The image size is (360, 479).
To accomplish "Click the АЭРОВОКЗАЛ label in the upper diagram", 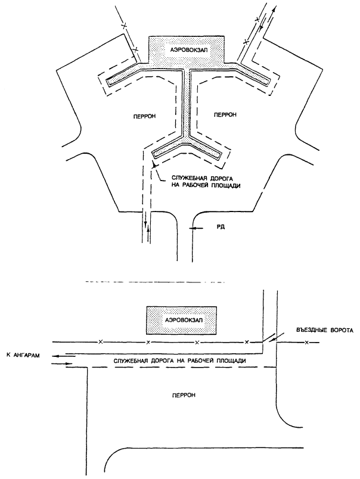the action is [187, 50].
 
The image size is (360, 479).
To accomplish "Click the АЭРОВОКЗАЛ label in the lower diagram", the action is [184, 321].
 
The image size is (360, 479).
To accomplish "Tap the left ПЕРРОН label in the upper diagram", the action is [144, 116].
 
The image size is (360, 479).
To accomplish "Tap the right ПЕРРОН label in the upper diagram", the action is [225, 114].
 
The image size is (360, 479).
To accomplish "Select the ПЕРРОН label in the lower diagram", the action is [184, 395].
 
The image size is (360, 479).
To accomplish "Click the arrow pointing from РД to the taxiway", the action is [197, 228].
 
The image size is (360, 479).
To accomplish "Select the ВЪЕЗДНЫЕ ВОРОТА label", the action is [325, 330].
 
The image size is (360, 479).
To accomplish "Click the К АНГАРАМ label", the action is [23, 355].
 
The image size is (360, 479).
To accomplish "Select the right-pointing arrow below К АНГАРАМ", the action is [63, 363].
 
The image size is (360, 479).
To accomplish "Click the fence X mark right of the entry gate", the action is [306, 343].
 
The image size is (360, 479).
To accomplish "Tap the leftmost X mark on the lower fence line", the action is [100, 341].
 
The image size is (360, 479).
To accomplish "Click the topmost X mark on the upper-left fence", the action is [124, 26].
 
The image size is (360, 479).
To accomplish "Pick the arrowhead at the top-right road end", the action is [274, 9].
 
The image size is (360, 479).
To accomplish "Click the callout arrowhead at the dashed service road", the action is [154, 164].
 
